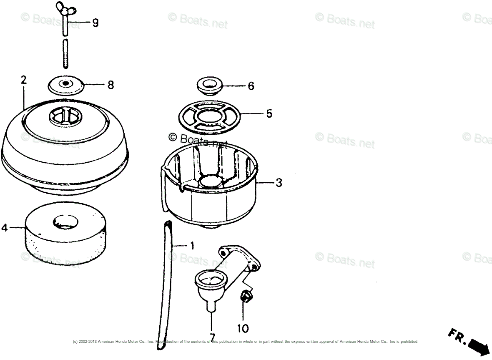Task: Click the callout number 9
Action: coord(95,23)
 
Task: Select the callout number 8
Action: coord(110,85)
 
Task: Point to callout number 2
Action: coord(23,80)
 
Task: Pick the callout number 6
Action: coord(251,86)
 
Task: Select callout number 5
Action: coord(269,113)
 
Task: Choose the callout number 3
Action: coord(279,182)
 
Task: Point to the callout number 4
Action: coord(5,228)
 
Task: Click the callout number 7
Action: coord(212,337)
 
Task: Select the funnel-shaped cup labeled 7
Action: coord(211,284)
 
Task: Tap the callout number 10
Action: coord(243,328)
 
